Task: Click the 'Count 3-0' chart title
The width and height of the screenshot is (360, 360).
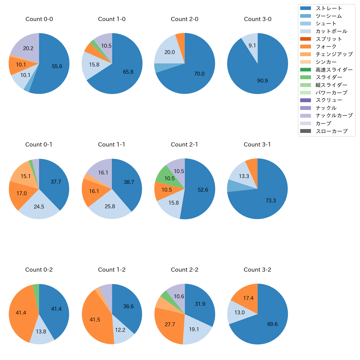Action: point(258,19)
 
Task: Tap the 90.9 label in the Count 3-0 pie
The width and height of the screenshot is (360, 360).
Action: point(262,81)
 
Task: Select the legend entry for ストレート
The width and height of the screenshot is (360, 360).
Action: point(329,8)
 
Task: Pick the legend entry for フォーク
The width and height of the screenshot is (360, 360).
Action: point(326,47)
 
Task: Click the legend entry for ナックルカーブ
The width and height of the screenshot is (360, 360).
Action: point(334,115)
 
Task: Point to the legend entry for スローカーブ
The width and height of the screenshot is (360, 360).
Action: point(331,131)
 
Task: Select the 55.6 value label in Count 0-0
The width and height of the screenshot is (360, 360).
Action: point(57,66)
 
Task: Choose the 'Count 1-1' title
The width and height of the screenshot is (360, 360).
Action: point(112,145)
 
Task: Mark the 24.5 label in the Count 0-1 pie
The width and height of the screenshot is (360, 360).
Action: point(39,207)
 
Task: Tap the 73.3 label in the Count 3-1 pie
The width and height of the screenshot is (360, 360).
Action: point(271,201)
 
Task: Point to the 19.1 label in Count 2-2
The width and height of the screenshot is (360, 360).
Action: point(194,330)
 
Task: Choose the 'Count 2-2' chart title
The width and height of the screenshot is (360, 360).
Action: point(185,270)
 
